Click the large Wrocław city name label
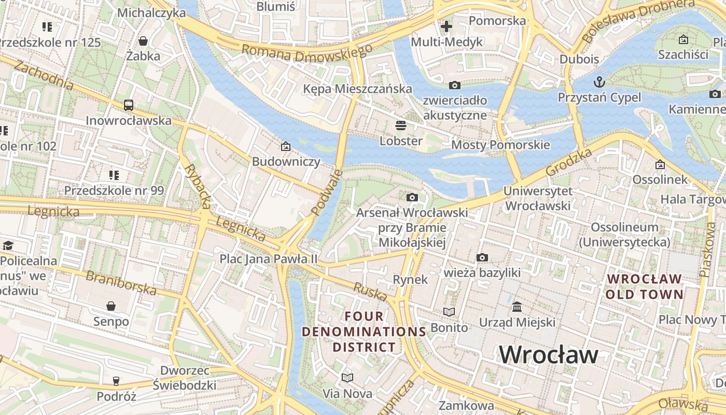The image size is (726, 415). (x=549, y=355)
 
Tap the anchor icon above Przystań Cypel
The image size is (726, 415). (x=599, y=82)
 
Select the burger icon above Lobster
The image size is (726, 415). (x=400, y=125)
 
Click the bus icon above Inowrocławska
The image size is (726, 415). (x=129, y=105)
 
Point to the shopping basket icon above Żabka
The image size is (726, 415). (x=143, y=40)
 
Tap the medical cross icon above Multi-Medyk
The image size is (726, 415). (x=446, y=26)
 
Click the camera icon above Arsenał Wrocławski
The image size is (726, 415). (x=412, y=197)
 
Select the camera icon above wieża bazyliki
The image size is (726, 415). (x=482, y=257)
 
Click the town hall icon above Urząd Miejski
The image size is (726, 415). (x=517, y=307)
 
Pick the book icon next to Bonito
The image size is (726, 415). (x=449, y=312)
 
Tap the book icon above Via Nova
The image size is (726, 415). (x=347, y=378)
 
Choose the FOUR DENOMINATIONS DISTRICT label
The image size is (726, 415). (x=364, y=331)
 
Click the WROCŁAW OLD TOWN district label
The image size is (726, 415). (x=645, y=286)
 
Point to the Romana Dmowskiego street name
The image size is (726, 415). (x=307, y=52)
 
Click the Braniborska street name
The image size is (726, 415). (x=121, y=283)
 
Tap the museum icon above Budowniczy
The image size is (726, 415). (x=286, y=146)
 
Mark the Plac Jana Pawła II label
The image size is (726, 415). (x=268, y=258)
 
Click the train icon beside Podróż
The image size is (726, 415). (x=116, y=381)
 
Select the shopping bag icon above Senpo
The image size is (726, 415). (x=110, y=306)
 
